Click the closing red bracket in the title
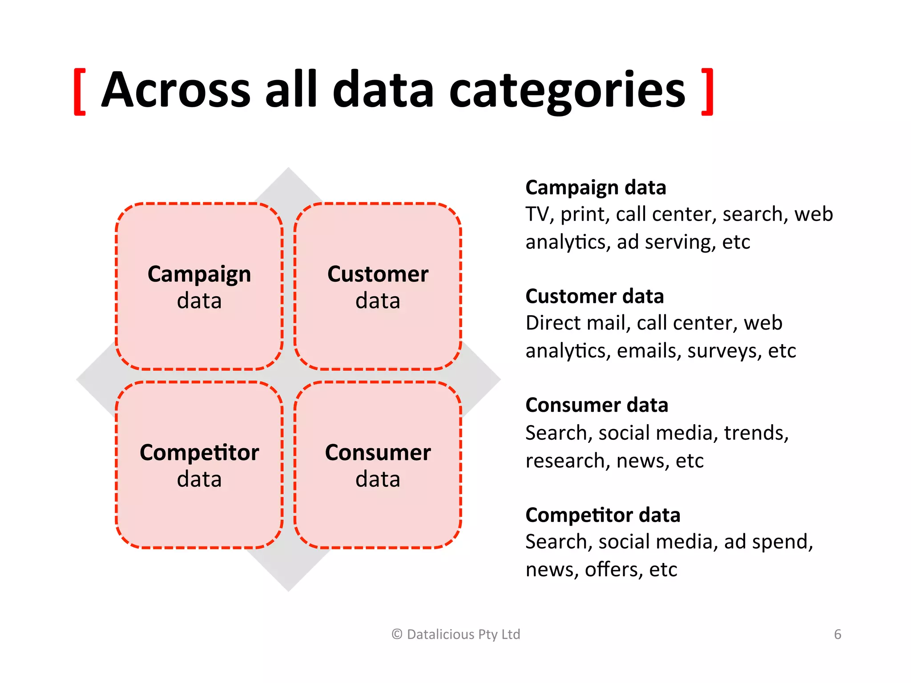click(707, 92)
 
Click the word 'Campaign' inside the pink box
click(199, 274)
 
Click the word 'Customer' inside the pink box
click(378, 274)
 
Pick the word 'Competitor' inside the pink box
click(199, 453)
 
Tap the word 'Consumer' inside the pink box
click(378, 453)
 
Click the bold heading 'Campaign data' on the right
click(596, 188)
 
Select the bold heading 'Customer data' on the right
click(594, 296)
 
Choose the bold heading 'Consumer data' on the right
click(597, 405)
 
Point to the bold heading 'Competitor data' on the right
click(603, 515)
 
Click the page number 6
click(838, 634)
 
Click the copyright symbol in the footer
click(397, 635)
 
